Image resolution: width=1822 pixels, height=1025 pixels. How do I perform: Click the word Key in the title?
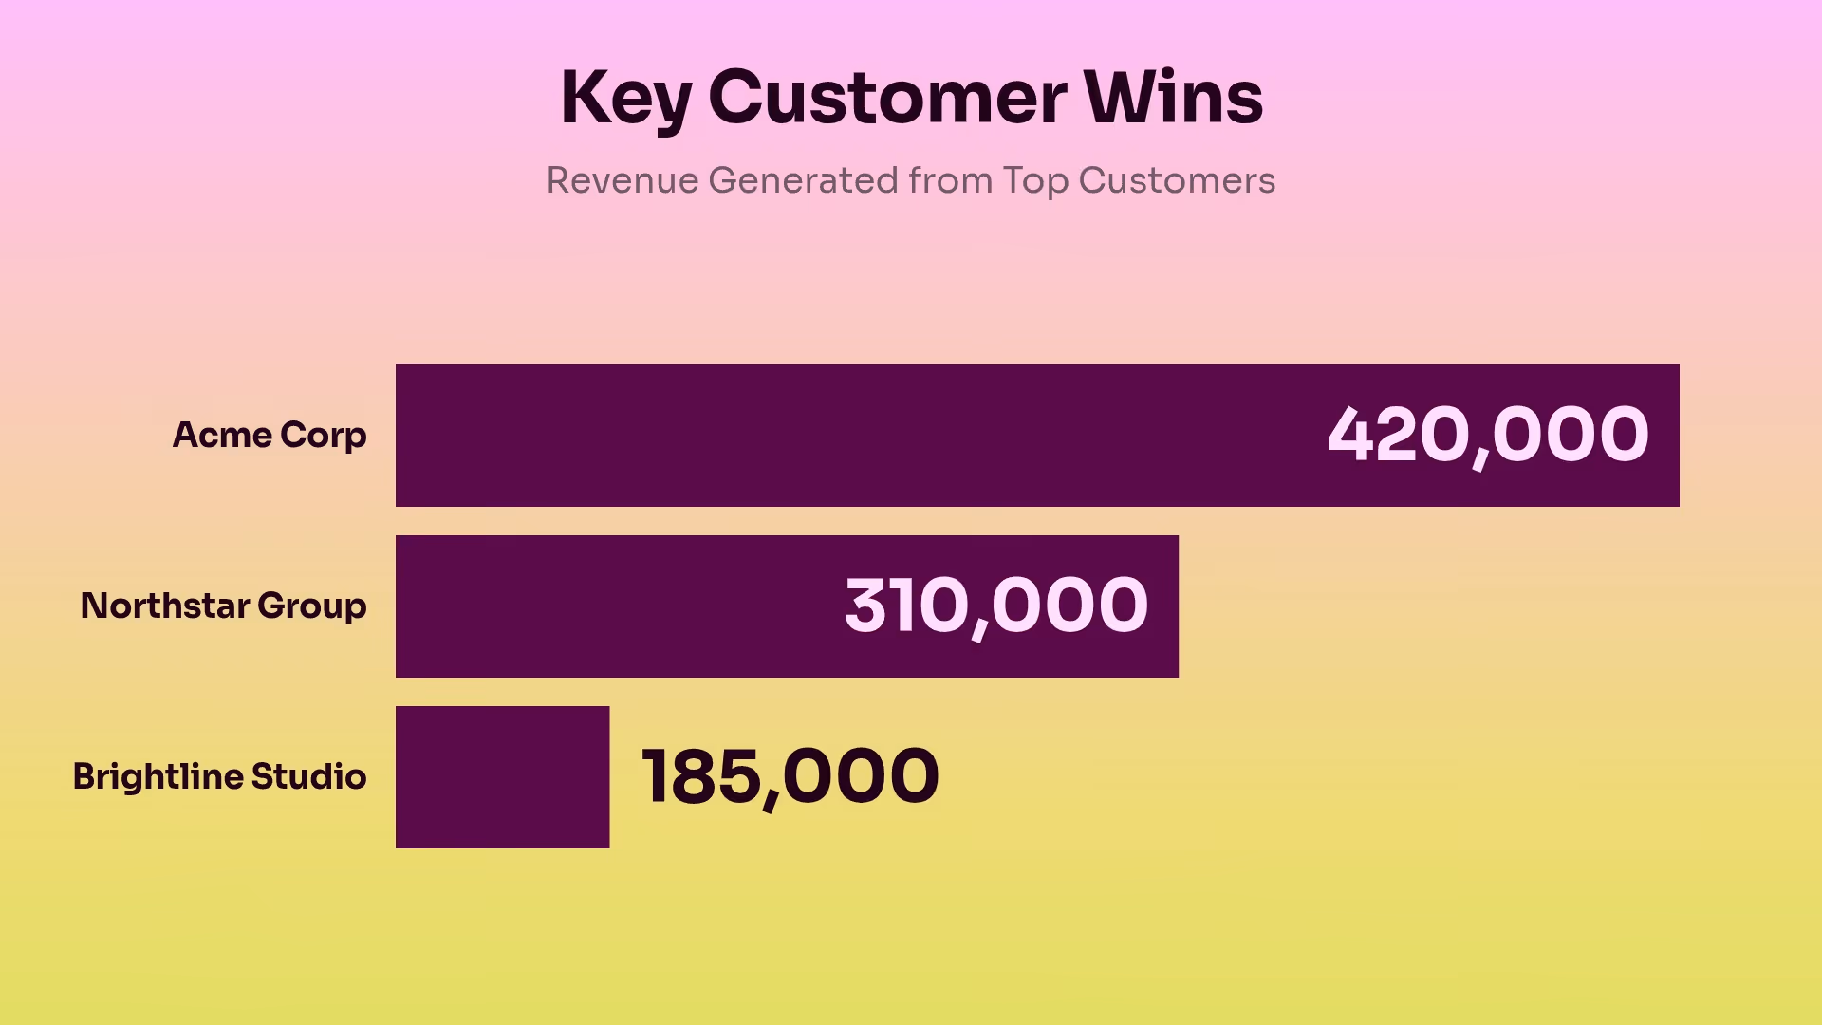tap(624, 98)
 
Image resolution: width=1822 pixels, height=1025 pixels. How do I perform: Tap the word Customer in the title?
tap(887, 98)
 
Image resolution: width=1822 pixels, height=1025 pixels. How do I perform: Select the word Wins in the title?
tap(1174, 98)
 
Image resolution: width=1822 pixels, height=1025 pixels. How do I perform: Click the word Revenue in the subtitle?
tap(622, 180)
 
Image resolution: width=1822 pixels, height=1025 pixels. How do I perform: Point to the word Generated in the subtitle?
tap(803, 180)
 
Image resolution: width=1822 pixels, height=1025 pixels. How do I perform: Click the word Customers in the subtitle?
tap(1177, 180)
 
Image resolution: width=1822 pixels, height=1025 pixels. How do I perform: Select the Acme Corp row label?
tap(270, 435)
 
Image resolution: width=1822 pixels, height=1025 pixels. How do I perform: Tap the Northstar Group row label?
tap(223, 606)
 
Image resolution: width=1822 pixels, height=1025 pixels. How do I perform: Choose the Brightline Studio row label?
tap(219, 776)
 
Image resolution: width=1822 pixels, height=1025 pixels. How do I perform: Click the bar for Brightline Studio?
tap(502, 776)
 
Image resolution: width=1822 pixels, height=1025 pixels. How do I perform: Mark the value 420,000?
tap(1487, 435)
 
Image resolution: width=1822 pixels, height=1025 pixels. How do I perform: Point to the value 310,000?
tap(995, 606)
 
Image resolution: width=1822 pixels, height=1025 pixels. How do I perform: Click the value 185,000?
tap(790, 776)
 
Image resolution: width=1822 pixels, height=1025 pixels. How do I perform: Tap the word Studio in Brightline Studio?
tap(308, 776)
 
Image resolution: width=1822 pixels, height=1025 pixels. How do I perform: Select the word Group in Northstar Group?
tap(311, 606)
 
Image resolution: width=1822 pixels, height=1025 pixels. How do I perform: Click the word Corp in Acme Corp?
tap(323, 435)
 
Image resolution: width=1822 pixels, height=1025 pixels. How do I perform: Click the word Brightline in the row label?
tap(158, 776)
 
